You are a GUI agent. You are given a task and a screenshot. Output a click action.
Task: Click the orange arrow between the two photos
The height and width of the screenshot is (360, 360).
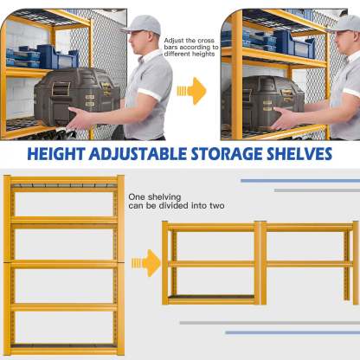tap(191, 89)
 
